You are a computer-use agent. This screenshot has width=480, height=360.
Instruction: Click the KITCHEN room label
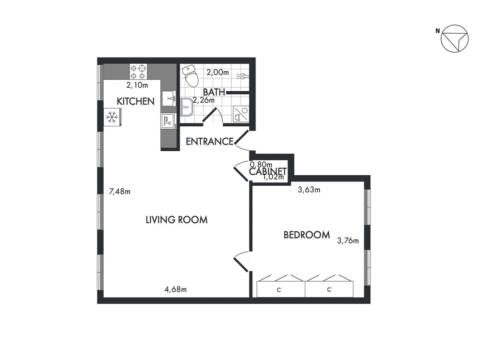(x=136, y=101)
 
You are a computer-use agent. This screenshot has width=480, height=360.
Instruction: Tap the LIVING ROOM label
(x=177, y=220)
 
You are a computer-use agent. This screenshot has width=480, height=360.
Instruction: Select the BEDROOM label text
(x=307, y=235)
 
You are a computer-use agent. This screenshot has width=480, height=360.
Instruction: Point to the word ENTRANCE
(x=210, y=142)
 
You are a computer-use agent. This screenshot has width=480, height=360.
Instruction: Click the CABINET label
(x=268, y=171)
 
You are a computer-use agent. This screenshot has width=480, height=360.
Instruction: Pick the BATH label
(x=214, y=92)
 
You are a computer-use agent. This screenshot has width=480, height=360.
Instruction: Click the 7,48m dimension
(x=120, y=192)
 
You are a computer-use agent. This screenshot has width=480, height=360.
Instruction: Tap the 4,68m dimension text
(x=176, y=289)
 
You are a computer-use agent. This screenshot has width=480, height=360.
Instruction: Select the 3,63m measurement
(x=309, y=190)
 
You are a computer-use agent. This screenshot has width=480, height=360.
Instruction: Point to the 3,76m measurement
(x=348, y=240)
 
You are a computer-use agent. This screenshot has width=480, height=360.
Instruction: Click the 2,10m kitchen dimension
(x=137, y=85)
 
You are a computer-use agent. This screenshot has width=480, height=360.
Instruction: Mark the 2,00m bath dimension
(x=217, y=72)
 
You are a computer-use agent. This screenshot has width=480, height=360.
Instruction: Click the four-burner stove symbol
(x=138, y=72)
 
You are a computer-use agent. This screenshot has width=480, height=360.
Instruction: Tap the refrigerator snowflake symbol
(x=112, y=117)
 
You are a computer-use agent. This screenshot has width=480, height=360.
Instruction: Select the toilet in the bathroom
(x=191, y=75)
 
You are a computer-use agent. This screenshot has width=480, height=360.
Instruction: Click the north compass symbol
(x=454, y=38)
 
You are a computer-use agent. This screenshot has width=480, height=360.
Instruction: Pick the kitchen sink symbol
(x=168, y=98)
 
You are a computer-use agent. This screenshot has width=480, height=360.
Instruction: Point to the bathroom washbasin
(x=186, y=107)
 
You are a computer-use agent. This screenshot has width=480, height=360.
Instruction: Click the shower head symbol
(x=243, y=76)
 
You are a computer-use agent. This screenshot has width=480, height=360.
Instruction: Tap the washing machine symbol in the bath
(x=241, y=114)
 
